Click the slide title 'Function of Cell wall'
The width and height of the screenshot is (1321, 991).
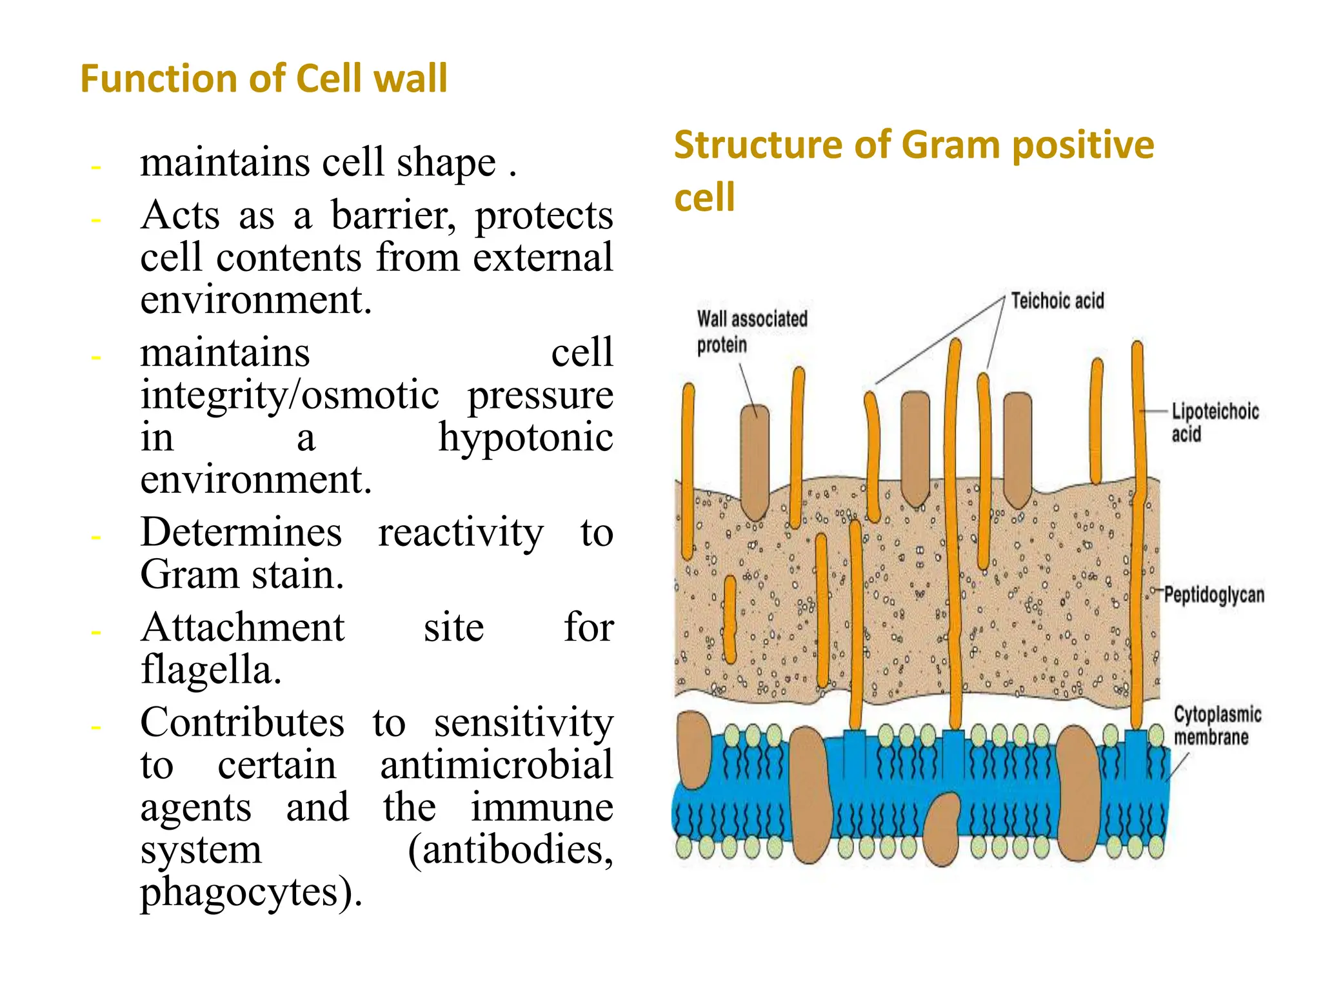pos(263,79)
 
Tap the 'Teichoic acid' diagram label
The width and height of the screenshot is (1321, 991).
pos(1057,301)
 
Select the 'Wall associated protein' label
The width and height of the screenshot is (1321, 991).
pos(751,331)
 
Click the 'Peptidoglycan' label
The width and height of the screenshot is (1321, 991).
pos(1214,595)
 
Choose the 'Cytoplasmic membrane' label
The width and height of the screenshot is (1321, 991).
pos(1217,725)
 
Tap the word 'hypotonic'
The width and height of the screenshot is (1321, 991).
pos(526,437)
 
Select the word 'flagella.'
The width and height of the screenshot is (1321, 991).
pos(211,669)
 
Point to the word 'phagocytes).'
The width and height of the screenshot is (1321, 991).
pos(252,892)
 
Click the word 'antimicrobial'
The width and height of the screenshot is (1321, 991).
pos(496,765)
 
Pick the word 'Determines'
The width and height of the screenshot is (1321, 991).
pos(241,532)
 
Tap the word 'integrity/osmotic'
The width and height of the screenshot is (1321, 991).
pos(290,395)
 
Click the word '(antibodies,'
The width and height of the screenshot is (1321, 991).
pos(510,850)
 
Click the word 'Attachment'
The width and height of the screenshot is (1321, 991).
pos(243,627)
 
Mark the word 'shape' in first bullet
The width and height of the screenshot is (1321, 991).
pos(446,162)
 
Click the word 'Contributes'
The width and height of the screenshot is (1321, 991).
pos(243,722)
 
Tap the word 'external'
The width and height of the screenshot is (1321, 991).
pos(542,257)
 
